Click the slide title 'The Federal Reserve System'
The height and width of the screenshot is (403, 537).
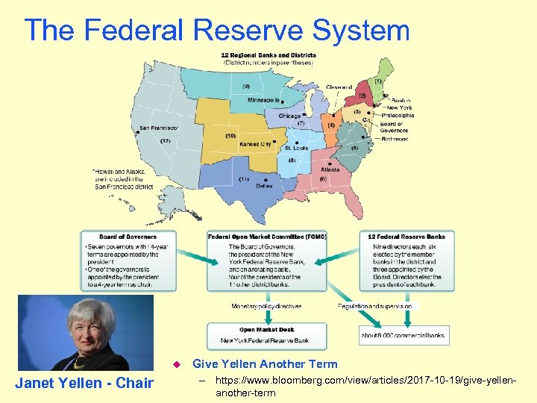(217, 31)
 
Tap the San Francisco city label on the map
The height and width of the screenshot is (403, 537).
(159, 128)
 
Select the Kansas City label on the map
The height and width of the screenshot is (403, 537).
(255, 143)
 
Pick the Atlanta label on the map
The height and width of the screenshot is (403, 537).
(330, 169)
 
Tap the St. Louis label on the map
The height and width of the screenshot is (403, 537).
(297, 148)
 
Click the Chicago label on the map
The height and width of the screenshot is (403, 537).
(289, 116)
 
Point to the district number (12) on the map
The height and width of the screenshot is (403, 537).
(166, 141)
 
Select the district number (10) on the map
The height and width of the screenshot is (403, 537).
(231, 136)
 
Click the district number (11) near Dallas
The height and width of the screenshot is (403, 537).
(244, 179)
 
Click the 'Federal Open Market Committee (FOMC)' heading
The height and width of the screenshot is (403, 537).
(267, 237)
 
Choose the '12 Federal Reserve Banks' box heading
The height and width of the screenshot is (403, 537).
(406, 237)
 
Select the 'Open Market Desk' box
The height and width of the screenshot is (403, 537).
(267, 335)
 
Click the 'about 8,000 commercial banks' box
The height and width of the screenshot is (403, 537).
(403, 335)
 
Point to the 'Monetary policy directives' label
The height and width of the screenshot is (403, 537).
(266, 306)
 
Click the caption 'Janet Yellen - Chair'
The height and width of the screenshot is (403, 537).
(84, 384)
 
